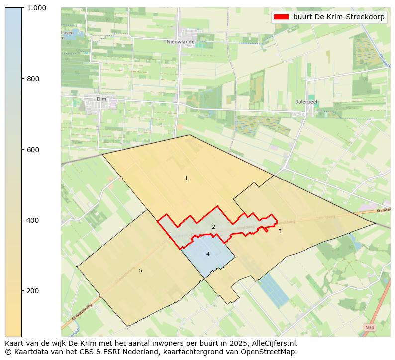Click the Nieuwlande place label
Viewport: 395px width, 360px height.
[x=181, y=42]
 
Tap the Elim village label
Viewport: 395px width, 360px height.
[x=101, y=99]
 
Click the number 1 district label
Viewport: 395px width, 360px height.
[x=186, y=178]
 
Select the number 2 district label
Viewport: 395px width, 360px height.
[x=213, y=227]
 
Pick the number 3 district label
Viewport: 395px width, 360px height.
[x=280, y=231]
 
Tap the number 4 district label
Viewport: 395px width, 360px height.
[x=208, y=254]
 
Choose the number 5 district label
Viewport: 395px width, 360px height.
[x=140, y=270]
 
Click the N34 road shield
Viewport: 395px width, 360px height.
[x=369, y=327]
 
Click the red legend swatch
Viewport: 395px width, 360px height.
[x=281, y=17]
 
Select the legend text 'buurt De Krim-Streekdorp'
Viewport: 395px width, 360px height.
[x=339, y=17]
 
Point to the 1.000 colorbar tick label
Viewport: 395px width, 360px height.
[x=36, y=8]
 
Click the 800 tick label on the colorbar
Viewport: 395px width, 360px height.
[x=33, y=79]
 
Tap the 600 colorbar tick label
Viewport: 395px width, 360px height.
[x=33, y=149]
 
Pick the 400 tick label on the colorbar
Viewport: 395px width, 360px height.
[x=33, y=220]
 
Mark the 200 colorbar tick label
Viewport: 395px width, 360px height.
[x=33, y=291]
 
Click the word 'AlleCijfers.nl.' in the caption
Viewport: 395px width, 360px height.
[x=273, y=343]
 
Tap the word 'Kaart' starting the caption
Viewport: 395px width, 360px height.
[x=15, y=343]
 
